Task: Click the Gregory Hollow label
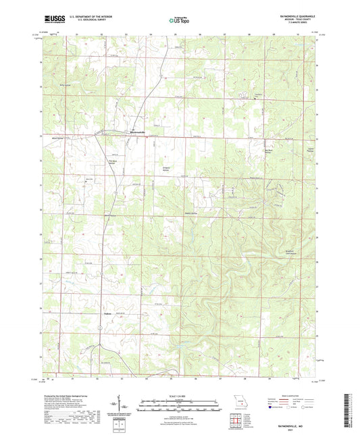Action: coord(167,169)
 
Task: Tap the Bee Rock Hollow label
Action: coord(268,151)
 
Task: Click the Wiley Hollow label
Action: coord(66,85)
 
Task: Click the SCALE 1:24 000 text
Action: coord(180,396)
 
